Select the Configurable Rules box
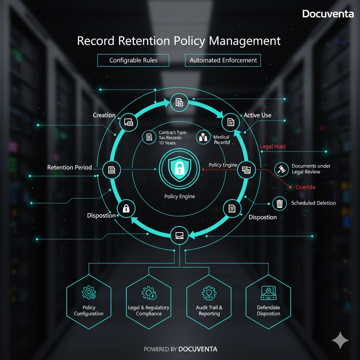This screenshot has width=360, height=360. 133,60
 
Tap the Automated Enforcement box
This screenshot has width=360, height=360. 223,60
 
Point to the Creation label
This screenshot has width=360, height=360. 104,115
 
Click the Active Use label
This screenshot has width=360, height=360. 257,115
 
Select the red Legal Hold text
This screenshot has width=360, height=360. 272,146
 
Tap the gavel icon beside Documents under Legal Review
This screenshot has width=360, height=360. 281,169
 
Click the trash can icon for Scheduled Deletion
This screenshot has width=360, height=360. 279,203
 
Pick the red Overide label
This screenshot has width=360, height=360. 305,187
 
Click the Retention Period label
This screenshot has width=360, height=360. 70,168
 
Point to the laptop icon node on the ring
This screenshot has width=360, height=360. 180,235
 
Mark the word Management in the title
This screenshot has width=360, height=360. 245,41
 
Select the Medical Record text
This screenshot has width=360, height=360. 221,140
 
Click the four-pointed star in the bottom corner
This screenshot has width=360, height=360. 340,340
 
